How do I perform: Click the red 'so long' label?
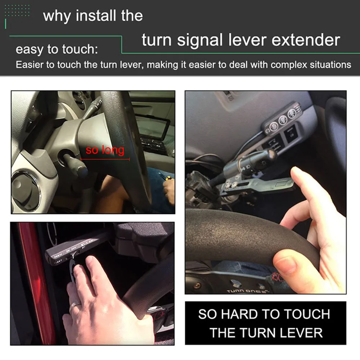click(105, 150)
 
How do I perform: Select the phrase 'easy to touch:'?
click(57, 49)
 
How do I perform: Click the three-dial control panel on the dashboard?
click(282, 119)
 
